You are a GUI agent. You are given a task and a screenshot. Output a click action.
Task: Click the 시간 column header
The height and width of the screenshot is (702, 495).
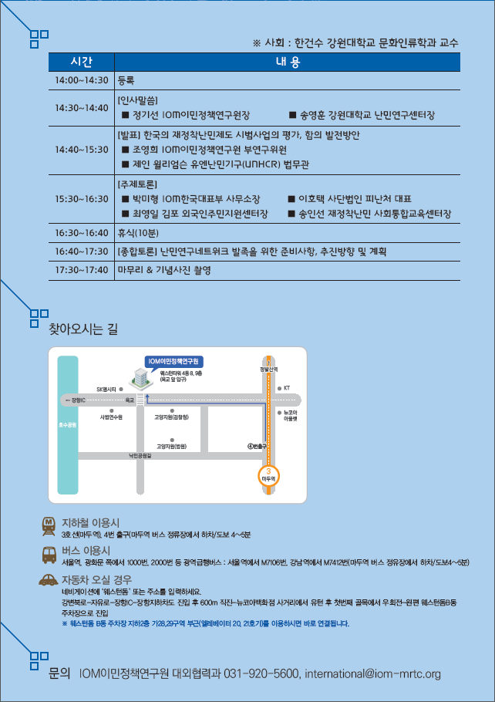click(x=81, y=62)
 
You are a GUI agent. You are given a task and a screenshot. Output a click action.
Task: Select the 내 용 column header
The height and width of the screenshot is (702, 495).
click(x=287, y=62)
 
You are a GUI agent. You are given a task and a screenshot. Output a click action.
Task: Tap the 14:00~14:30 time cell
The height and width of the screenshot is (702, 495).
click(x=81, y=79)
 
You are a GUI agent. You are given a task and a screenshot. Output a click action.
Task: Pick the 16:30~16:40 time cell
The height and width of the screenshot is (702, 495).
click(x=81, y=232)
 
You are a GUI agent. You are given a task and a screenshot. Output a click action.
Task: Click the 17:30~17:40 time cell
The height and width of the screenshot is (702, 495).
click(x=81, y=270)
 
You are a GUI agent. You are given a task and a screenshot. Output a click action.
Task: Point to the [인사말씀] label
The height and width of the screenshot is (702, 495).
click(x=138, y=101)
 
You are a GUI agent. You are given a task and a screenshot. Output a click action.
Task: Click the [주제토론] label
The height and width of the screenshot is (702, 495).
click(x=138, y=185)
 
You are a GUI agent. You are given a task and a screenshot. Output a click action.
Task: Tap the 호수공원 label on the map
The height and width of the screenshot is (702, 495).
click(x=68, y=425)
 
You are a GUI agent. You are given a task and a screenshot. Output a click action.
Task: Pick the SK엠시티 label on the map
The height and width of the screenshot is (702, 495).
click(x=106, y=389)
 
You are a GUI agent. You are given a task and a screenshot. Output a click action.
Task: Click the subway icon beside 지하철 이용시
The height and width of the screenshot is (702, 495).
click(x=49, y=525)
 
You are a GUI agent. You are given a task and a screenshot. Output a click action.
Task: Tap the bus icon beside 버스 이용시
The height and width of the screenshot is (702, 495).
click(x=49, y=553)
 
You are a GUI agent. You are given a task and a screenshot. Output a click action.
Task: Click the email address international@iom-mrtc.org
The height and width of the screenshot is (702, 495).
click(x=372, y=674)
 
